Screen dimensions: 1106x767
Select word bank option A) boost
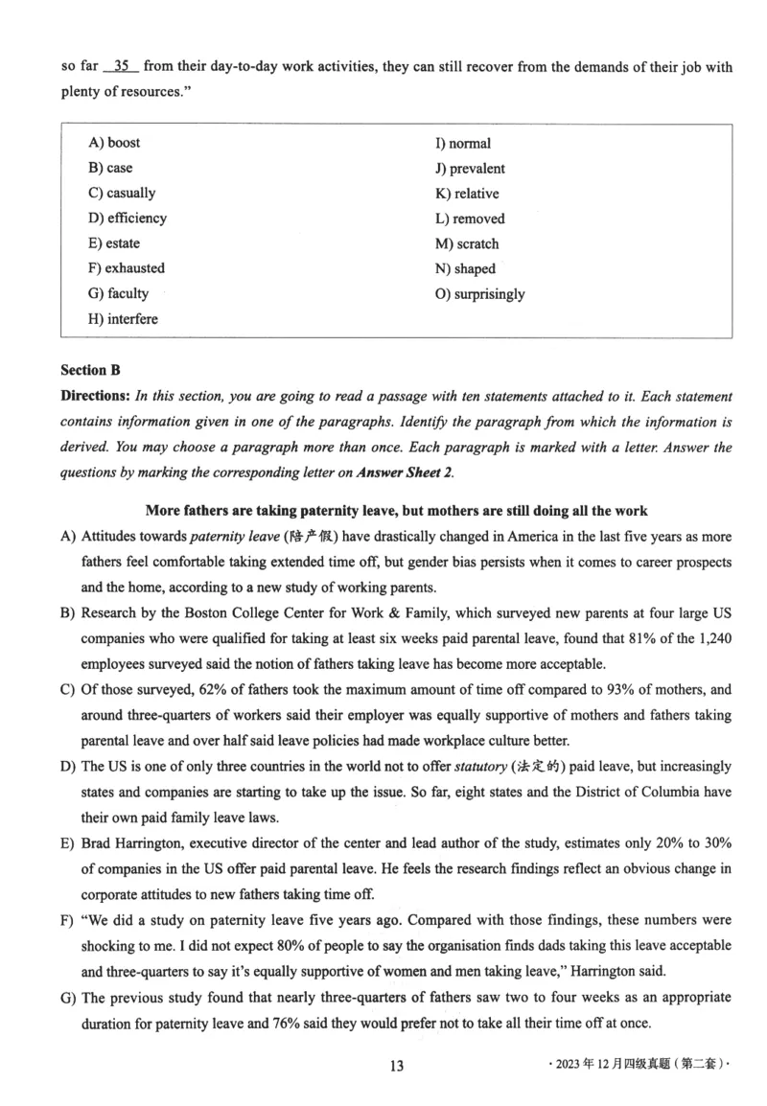click(114, 143)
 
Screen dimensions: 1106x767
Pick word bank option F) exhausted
click(126, 268)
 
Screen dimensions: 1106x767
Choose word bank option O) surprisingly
click(479, 294)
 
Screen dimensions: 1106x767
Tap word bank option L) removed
click(470, 219)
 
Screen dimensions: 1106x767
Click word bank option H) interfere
click(123, 319)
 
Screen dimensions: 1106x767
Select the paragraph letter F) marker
click(67, 919)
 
